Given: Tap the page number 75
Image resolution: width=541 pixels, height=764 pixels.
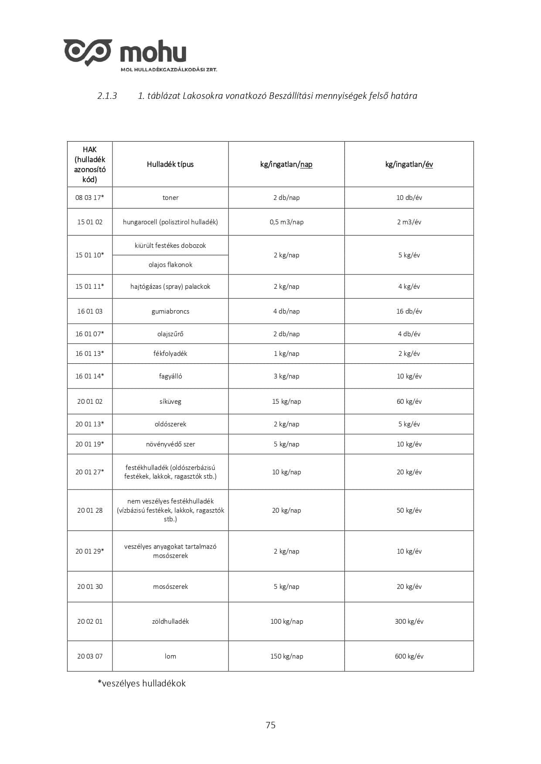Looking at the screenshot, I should [270, 725].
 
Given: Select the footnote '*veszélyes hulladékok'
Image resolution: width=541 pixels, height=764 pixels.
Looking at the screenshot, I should [142, 683].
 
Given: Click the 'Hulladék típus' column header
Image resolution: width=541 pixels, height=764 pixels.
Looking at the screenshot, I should [170, 164].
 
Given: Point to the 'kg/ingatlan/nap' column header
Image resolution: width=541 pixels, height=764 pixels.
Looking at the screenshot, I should [286, 164].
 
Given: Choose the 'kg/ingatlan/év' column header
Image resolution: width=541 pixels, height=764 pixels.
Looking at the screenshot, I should [409, 164].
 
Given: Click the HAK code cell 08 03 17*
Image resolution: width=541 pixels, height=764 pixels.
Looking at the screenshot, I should [90, 197].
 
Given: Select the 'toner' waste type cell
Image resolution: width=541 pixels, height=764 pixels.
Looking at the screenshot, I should [170, 197].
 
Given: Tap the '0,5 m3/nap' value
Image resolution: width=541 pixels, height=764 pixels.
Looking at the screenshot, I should [286, 222].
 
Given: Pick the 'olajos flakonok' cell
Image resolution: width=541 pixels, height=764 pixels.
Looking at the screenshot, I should [170, 264].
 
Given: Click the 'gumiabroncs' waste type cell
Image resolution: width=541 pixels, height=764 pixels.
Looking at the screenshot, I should [170, 311].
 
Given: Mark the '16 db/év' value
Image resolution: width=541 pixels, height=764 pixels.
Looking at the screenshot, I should [409, 311].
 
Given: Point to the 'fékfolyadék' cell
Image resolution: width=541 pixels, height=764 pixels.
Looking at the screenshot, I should [170, 353].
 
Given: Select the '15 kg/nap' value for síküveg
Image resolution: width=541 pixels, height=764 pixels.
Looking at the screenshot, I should [286, 401].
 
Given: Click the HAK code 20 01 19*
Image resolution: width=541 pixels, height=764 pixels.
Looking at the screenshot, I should [90, 444].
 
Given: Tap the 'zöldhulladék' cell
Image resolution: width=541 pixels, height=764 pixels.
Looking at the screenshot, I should [170, 621].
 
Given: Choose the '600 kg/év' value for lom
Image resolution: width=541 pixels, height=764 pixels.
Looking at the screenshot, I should [409, 656].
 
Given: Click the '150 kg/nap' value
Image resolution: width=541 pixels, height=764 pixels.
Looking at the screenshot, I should [286, 656].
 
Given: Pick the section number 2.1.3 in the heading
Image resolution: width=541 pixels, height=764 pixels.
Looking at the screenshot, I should [107, 96].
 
